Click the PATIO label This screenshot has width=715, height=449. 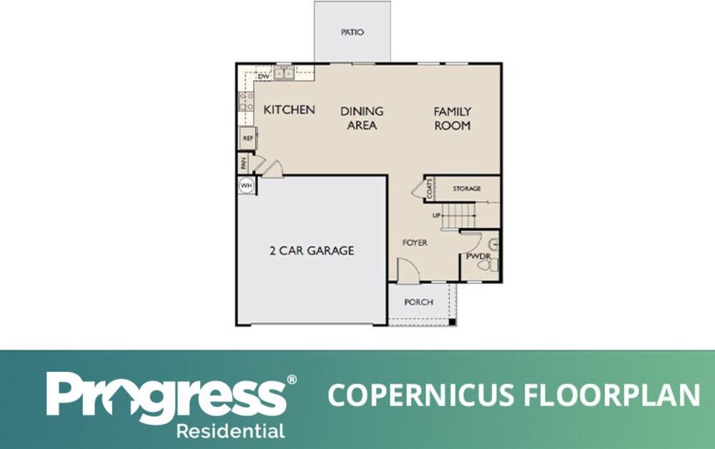[x=352, y=32]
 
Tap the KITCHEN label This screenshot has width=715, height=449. [x=289, y=110]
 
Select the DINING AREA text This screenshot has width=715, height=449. [x=362, y=118]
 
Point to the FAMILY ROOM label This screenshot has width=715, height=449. [x=453, y=119]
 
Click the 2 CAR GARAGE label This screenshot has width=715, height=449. [x=312, y=251]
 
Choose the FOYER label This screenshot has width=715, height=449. [x=415, y=243]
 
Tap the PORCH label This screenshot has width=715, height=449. [x=418, y=302]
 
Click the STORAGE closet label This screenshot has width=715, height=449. [x=466, y=188]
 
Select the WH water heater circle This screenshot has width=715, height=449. [x=246, y=185]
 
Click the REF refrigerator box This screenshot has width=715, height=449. [x=248, y=138]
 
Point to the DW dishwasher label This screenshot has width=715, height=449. [x=264, y=77]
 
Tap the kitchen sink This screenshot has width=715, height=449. [x=284, y=73]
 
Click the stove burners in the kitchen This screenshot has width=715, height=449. [x=246, y=102]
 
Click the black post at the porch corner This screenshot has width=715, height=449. [x=452, y=322]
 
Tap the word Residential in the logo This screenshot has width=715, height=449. [x=231, y=430]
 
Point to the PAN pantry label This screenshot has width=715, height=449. [x=244, y=163]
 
